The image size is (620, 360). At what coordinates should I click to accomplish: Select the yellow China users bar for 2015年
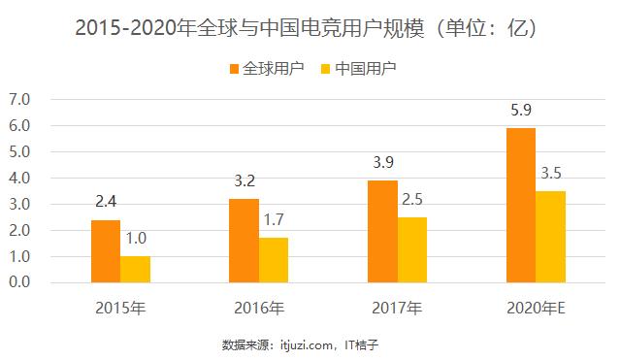click(135, 270)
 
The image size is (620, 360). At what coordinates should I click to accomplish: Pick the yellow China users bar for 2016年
click(274, 260)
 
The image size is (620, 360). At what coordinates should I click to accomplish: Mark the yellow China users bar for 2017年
click(411, 250)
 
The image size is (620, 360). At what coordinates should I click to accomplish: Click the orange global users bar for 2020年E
click(520, 206)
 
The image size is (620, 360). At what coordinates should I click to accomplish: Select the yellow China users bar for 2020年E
click(550, 237)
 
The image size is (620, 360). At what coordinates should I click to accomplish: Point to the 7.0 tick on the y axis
click(20, 99)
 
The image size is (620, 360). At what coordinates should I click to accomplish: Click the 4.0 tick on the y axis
click(20, 179)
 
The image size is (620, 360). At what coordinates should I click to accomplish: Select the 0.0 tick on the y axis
click(20, 283)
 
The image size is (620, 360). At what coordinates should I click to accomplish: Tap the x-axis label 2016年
click(259, 310)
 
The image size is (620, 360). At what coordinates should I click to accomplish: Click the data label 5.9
click(520, 110)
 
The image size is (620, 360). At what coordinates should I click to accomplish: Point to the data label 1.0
click(135, 238)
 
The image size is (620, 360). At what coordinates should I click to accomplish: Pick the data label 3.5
click(550, 174)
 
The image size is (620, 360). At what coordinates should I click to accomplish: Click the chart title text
click(310, 27)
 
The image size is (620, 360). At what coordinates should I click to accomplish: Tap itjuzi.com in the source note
click(304, 344)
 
